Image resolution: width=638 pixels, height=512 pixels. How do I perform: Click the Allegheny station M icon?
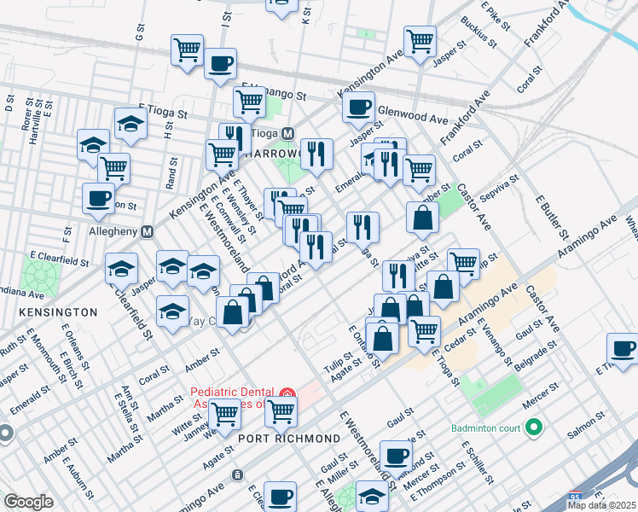147,231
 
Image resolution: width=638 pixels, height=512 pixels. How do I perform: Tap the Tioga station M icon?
287,134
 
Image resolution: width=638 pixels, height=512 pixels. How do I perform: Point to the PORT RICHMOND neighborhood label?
289,438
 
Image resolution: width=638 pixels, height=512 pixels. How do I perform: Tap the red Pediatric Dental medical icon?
287,395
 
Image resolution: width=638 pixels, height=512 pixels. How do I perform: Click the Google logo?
28,501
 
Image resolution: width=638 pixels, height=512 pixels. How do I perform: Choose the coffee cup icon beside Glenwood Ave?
358,108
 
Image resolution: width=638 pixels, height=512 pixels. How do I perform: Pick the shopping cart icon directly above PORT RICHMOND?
280,412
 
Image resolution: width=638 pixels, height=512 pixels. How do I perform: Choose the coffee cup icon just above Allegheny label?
98,199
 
